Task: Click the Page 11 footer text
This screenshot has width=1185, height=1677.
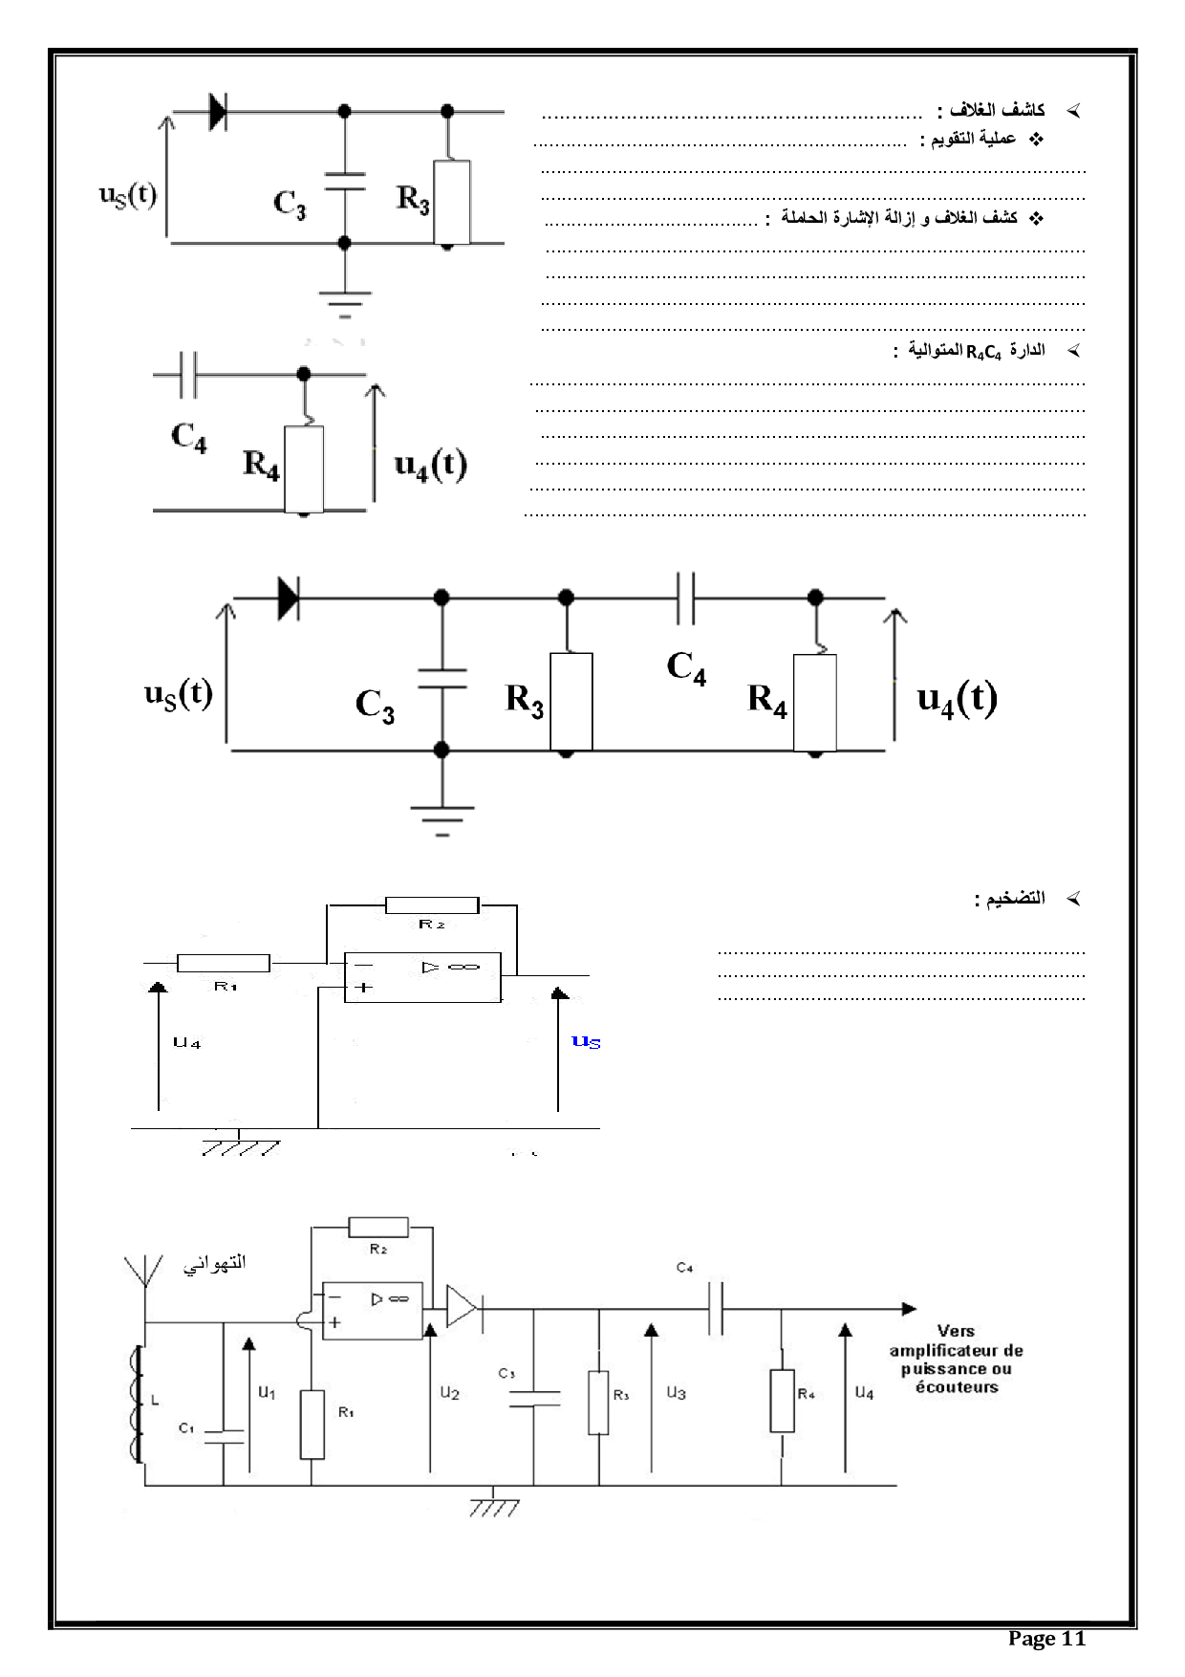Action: pos(1046,1639)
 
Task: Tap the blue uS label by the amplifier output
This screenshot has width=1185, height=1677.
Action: pos(586,1041)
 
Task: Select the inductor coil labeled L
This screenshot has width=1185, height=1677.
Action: pos(137,1403)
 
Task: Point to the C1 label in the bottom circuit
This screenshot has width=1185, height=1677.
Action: pos(186,1427)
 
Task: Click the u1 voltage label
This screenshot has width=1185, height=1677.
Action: pos(267,1392)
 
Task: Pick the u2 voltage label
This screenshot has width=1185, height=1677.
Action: pos(449,1392)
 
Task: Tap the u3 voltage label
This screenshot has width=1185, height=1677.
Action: pos(676,1392)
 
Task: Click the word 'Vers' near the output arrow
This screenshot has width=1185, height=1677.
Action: pos(956,1330)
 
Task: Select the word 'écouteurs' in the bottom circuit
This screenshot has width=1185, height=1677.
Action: pos(957,1386)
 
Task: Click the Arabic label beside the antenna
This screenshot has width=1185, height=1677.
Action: pos(215,1263)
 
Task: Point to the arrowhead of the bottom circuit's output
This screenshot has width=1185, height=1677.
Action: pos(909,1308)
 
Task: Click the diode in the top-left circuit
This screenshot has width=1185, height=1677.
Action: pos(218,112)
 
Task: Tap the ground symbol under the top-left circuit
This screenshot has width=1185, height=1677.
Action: pos(345,301)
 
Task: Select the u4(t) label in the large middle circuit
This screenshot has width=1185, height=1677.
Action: pos(957,698)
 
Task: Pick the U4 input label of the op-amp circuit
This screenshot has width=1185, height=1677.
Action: pos(186,1043)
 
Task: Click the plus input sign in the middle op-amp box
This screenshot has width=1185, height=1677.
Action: pos(363,988)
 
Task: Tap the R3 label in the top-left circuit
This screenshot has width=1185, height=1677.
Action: pos(413,199)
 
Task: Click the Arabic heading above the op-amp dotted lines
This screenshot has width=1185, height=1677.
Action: pos(1009,899)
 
